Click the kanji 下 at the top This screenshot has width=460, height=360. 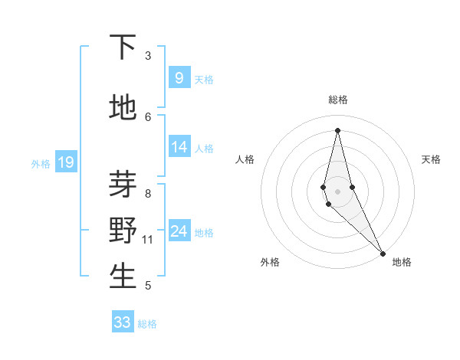(x=123, y=47)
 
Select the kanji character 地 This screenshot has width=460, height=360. (x=123, y=108)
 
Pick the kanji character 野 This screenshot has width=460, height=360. (x=123, y=230)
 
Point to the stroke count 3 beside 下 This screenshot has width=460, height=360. (x=148, y=56)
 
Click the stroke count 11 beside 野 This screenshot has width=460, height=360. (x=148, y=240)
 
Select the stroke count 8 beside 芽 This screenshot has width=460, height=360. (x=148, y=193)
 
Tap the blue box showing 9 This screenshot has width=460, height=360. (x=179, y=77)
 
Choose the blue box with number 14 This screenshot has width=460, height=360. (x=179, y=147)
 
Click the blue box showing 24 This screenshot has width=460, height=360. (x=179, y=231)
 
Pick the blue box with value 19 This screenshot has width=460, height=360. (x=65, y=162)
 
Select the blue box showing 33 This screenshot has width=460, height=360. (x=123, y=322)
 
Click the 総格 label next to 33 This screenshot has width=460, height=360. (x=147, y=324)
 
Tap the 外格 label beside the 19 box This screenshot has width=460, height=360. (x=41, y=163)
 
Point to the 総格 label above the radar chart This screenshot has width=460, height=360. (x=337, y=100)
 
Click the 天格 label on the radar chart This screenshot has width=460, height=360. (x=431, y=159)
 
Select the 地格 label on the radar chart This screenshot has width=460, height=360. (x=402, y=262)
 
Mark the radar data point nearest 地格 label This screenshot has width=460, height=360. (x=383, y=253)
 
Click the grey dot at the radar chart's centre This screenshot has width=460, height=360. (x=337, y=191)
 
